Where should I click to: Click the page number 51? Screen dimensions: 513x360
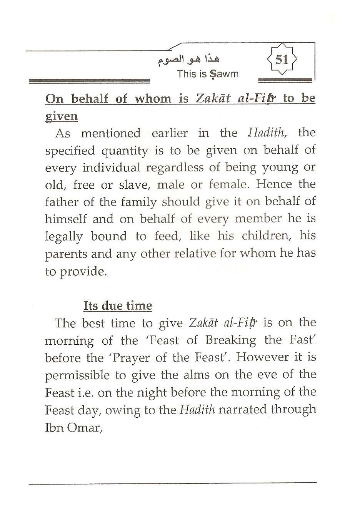point(282,60)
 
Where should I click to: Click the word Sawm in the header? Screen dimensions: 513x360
point(224,74)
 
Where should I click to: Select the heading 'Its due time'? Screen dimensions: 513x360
point(118,306)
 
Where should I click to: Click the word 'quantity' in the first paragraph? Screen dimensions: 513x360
point(125,151)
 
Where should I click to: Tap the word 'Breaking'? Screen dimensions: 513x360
point(231,340)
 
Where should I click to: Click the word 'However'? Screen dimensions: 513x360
point(262,357)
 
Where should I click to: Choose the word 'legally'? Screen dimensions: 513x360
point(64,237)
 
